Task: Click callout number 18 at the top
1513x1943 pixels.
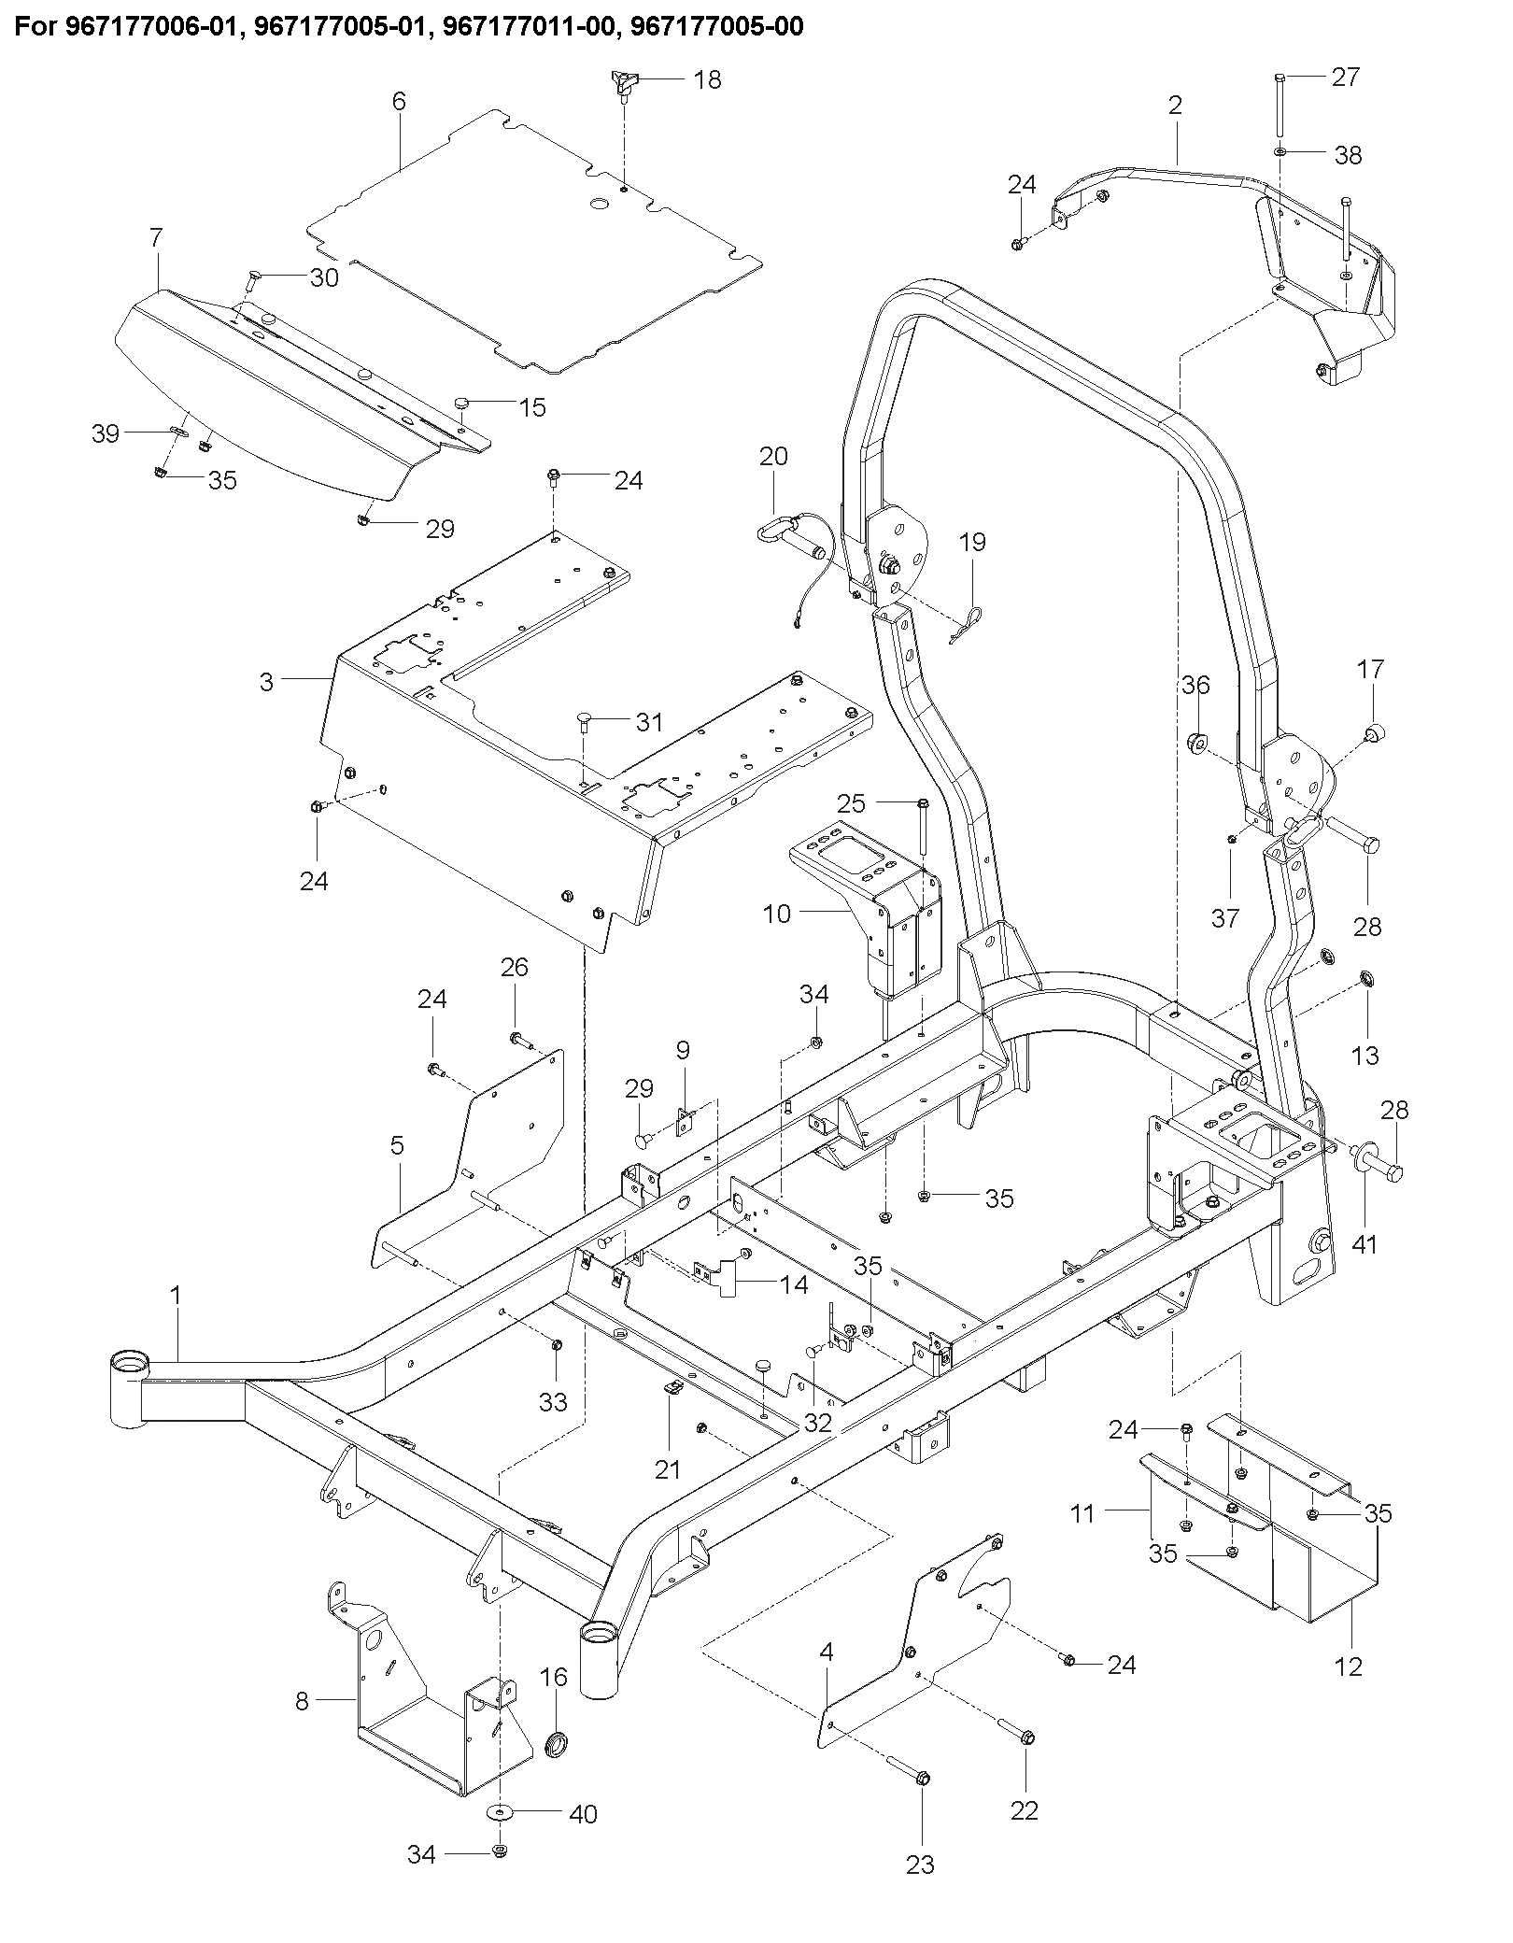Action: tap(708, 80)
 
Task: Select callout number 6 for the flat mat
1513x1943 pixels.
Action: tap(399, 101)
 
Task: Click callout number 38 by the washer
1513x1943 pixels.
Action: tap(1348, 155)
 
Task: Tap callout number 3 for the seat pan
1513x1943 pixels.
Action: tap(267, 682)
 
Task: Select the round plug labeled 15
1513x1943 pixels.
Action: tap(463, 403)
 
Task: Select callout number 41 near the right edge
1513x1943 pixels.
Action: tap(1365, 1244)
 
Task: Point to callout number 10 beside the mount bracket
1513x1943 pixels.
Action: tap(777, 913)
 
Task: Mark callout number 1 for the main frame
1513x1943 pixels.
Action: tap(176, 1296)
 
